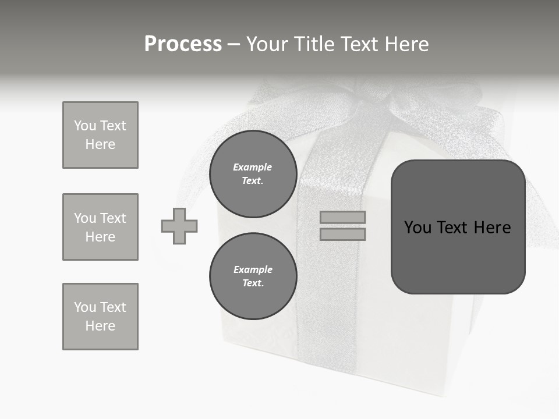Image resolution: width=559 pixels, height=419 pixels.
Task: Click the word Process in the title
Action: click(x=183, y=44)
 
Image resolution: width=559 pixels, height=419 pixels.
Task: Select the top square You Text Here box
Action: click(x=100, y=135)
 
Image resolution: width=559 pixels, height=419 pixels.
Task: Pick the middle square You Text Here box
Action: click(x=100, y=227)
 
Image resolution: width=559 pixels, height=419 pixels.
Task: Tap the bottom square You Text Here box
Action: click(x=100, y=317)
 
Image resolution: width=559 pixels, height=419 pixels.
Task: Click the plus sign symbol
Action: click(x=179, y=226)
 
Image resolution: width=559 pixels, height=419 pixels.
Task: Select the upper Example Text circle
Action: click(x=253, y=174)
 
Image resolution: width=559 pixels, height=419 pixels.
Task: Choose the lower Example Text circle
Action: click(x=253, y=276)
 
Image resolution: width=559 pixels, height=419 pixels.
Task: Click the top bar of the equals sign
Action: click(x=342, y=217)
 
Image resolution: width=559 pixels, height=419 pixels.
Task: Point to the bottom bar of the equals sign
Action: click(x=342, y=234)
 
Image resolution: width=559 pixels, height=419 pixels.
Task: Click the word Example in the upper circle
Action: click(x=253, y=167)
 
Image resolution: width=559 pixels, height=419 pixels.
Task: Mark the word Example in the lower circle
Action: click(x=253, y=269)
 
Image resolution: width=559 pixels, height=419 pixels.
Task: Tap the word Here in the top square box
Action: click(x=100, y=144)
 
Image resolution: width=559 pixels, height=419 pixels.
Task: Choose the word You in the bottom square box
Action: click(x=85, y=307)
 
